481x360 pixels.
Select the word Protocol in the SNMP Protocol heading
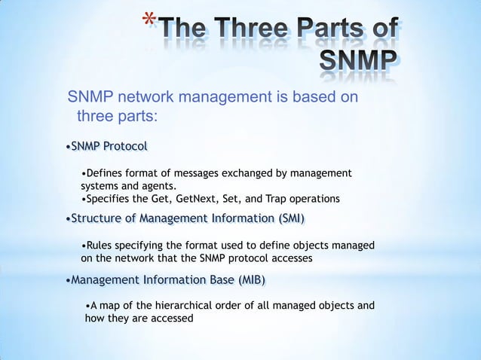(124, 145)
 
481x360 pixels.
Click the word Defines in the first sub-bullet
(106, 173)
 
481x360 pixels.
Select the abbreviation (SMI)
(291, 218)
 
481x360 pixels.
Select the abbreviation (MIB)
(251, 280)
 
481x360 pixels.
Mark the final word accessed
(170, 318)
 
